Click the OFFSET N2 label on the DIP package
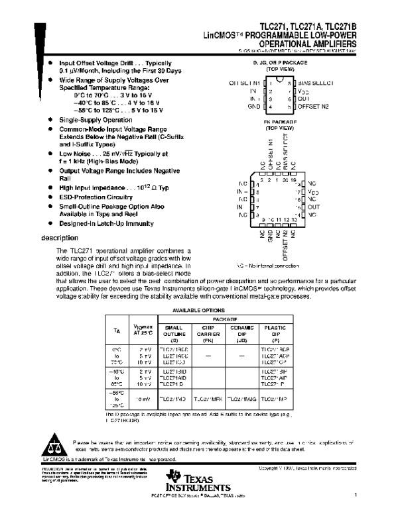[313, 106]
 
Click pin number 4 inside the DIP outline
[269, 106]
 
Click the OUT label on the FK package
[314, 207]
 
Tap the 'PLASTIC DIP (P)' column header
[275, 333]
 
